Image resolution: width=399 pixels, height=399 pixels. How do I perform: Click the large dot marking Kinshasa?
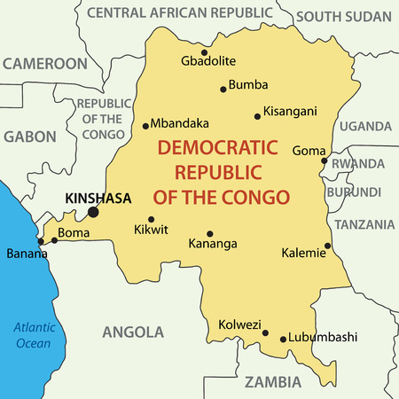point(93,212)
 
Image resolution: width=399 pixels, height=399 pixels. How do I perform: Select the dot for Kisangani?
point(257,116)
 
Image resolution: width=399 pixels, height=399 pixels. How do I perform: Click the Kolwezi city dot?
point(265,333)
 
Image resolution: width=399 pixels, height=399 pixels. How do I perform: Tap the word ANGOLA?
point(133,332)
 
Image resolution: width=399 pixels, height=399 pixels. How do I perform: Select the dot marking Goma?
point(325,161)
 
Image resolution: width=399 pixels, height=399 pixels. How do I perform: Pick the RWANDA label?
point(357,164)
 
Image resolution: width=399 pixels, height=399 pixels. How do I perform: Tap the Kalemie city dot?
point(327,246)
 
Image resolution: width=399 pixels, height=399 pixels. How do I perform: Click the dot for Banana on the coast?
point(40,241)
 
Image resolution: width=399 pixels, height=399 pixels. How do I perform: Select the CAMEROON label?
point(44,64)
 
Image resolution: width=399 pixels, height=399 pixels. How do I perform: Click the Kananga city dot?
point(209,234)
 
